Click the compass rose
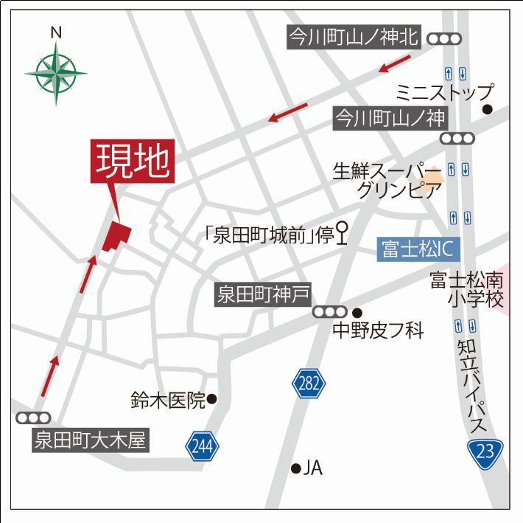click(x=55, y=71)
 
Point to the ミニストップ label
click(x=443, y=92)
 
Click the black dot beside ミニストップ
click(x=488, y=110)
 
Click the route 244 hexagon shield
click(x=202, y=445)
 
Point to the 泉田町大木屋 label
click(x=91, y=442)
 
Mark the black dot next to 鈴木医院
click(x=211, y=400)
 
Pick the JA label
click(x=314, y=468)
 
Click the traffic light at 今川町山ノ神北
click(x=444, y=38)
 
